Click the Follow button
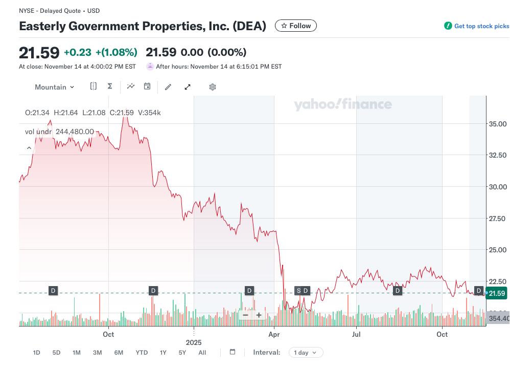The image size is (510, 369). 296,26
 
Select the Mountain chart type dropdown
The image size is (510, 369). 54,87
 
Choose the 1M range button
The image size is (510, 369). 77,353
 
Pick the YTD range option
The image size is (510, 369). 142,353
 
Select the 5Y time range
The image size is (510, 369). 182,353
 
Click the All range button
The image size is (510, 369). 202,353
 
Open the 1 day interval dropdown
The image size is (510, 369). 306,353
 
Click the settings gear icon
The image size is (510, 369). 213,87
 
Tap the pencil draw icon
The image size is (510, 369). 168,87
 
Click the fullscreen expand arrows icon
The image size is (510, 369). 188,87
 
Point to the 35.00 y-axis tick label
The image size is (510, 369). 498,124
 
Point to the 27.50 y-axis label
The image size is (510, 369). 498,219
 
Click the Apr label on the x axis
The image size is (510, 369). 274,335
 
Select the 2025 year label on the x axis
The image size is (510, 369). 194,342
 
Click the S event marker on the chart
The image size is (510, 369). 298,291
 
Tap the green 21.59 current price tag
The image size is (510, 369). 497,293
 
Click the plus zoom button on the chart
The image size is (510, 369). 259,315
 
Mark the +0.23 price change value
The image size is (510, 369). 78,52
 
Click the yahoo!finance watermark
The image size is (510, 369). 343,105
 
